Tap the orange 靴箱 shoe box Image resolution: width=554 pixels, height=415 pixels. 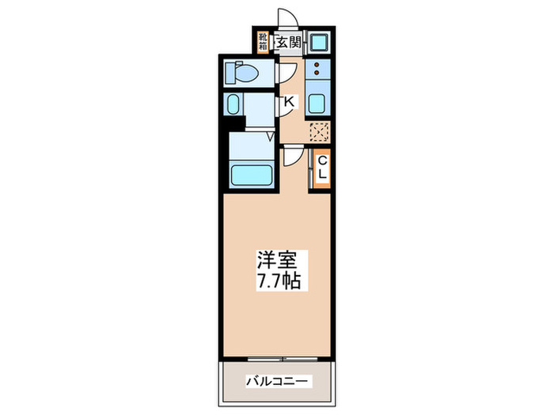[x=264, y=41]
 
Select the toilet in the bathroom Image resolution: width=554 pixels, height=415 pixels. [x=242, y=73]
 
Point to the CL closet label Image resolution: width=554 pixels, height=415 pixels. [x=322, y=168]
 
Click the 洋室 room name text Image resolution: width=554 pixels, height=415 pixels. [x=276, y=259]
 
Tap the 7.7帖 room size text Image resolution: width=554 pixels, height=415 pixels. [x=276, y=281]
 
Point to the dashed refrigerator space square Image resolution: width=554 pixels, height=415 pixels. [x=320, y=132]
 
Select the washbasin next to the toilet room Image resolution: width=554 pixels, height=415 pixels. [x=233, y=104]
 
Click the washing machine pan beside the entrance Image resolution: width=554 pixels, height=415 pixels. [x=320, y=42]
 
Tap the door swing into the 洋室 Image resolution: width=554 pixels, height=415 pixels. [x=291, y=157]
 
